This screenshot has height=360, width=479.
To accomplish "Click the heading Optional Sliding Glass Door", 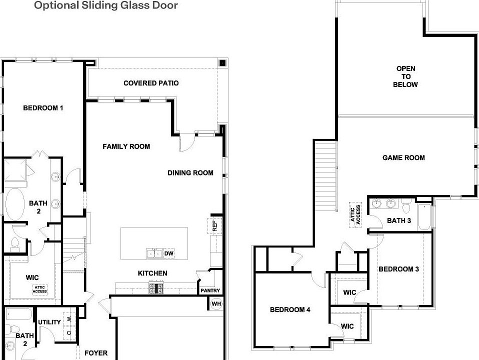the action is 105,5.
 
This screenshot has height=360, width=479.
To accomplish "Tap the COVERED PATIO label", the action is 151,83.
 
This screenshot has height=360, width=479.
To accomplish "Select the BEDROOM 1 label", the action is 43,108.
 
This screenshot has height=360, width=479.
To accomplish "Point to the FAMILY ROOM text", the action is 126,146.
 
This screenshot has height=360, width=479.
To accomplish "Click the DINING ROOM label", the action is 190,173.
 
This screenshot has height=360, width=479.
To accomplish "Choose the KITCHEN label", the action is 152,273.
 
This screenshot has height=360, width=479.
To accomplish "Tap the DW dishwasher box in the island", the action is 169,253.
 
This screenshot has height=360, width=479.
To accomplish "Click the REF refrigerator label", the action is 214,226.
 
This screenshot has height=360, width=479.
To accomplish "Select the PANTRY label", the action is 210,290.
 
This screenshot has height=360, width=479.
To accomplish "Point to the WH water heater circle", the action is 216,304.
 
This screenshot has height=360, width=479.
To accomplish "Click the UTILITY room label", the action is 49,322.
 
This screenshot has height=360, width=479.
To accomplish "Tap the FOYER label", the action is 96,353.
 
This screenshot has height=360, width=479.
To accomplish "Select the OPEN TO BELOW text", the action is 405,76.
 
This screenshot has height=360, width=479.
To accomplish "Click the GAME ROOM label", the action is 403,157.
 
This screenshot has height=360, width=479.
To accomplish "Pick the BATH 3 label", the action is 399,220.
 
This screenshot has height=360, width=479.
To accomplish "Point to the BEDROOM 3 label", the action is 398,269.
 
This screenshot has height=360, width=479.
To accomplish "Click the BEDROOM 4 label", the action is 290,310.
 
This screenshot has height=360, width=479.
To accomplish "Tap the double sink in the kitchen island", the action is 154,253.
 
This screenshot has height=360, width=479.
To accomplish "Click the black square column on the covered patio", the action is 222,63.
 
